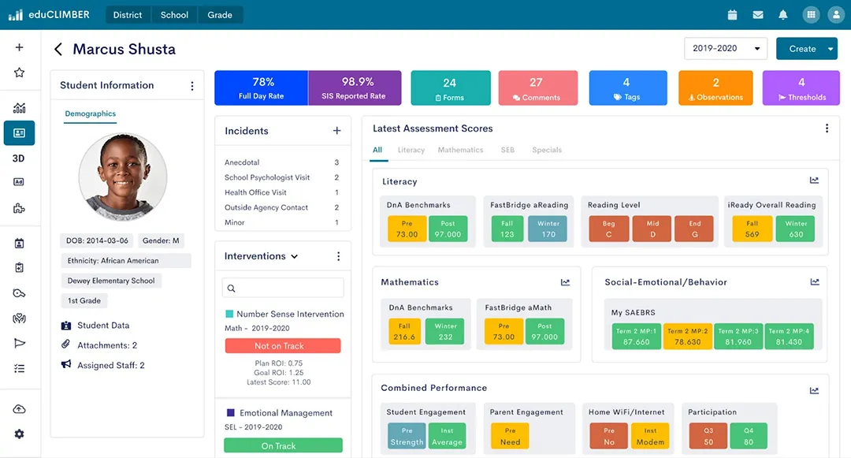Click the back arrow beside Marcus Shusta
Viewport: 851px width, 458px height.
point(58,50)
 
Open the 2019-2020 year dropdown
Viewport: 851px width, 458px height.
point(725,48)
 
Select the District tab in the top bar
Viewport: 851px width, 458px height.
point(127,15)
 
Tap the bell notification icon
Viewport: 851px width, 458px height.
point(782,15)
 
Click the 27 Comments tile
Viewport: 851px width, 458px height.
point(536,88)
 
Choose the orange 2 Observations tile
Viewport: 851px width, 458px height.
point(715,88)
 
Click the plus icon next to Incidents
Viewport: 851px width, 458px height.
point(337,131)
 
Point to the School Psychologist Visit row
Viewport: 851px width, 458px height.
point(267,177)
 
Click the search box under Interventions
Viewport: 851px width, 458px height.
point(283,289)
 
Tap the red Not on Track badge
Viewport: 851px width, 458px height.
point(282,346)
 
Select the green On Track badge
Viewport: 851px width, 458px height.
point(282,446)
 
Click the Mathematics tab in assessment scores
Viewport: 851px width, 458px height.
point(460,150)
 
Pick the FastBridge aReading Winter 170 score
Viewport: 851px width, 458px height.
point(548,229)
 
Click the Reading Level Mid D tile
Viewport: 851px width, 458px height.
point(652,229)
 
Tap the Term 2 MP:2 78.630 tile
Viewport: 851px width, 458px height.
point(686,337)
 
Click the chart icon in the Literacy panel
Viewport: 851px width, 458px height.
point(814,181)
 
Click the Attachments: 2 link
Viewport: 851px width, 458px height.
point(106,345)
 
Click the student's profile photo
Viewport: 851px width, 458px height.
point(123,176)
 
